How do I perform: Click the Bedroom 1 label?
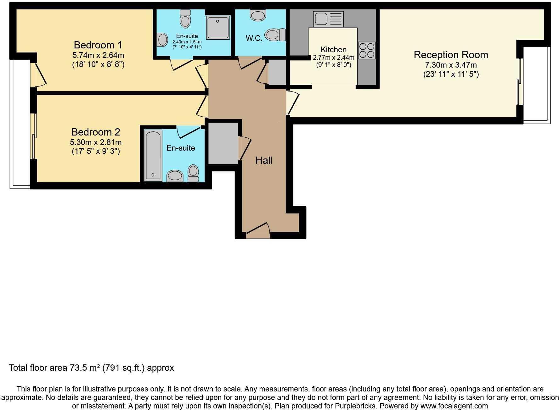pyautogui.click(x=98, y=45)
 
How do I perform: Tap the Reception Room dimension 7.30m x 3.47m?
pyautogui.click(x=451, y=65)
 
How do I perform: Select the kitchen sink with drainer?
pyautogui.click(x=328, y=19)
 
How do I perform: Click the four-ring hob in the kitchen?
pyautogui.click(x=367, y=50)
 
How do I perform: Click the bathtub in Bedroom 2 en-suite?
pyautogui.click(x=153, y=155)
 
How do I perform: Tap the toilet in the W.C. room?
pyautogui.click(x=275, y=35)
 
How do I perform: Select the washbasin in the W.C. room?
pyautogui.click(x=258, y=15)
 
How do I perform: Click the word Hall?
pyautogui.click(x=264, y=160)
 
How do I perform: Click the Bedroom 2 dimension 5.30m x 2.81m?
pyautogui.click(x=96, y=142)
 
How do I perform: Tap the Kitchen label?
pyautogui.click(x=333, y=50)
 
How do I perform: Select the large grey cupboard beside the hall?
pyautogui.click(x=223, y=143)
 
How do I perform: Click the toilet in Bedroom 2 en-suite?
pyautogui.click(x=193, y=173)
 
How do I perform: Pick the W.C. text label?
pyautogui.click(x=254, y=38)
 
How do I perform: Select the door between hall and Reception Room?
pyautogui.click(x=292, y=102)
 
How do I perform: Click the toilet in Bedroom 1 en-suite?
pyautogui.click(x=185, y=19)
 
